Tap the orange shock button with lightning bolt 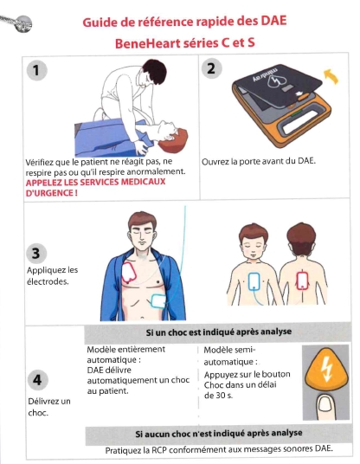325,369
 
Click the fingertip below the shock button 325,407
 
